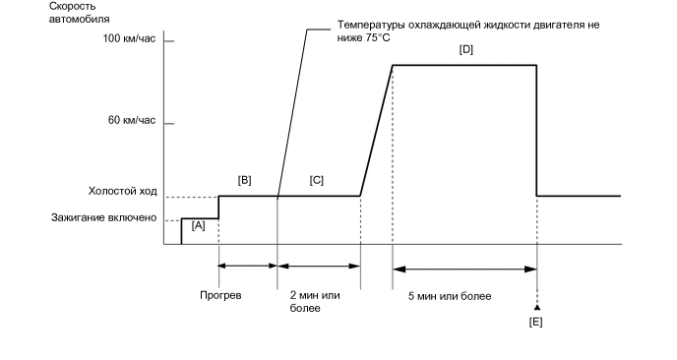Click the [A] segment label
point(198,225)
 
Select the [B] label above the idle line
point(245,179)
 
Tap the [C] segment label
point(316,179)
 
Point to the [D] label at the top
point(465,49)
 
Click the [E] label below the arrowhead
point(536,321)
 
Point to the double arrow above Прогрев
point(248,265)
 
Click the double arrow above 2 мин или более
point(319,265)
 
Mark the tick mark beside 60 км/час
point(168,124)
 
